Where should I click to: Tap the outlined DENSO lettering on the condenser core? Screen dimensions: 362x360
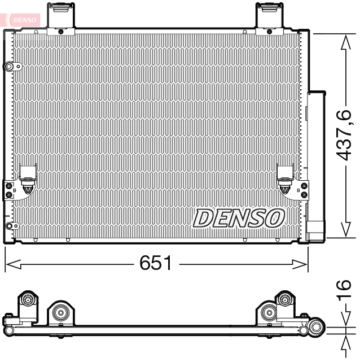tap(239, 217)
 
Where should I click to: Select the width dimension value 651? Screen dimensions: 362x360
tap(156, 263)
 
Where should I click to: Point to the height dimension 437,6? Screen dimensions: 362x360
tap(345, 136)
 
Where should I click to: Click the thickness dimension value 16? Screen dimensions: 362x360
tap(346, 291)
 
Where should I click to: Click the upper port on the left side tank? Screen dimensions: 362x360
tap(10, 67)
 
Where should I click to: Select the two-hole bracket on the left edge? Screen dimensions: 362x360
tap(8, 190)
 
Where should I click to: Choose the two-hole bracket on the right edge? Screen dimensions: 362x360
tap(305, 190)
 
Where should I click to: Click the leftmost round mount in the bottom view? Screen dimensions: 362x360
tap(27, 300)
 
